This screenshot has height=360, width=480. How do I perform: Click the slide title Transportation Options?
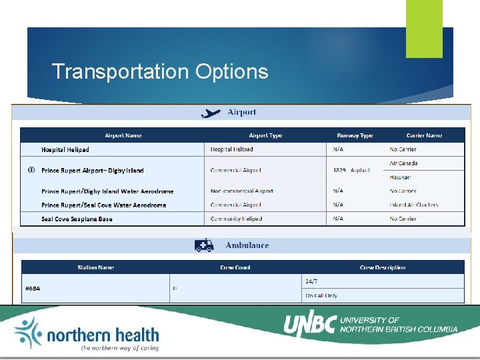160,71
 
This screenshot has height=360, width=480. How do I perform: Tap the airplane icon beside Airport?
211,113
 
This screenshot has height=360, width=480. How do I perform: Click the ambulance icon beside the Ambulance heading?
204,245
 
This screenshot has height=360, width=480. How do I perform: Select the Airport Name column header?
123,135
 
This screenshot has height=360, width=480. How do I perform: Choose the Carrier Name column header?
424,135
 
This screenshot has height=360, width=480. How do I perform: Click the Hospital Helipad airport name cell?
65,150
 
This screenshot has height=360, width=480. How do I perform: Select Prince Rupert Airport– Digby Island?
92,171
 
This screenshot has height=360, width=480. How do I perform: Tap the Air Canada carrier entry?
404,163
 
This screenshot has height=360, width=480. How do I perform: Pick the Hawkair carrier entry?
401,177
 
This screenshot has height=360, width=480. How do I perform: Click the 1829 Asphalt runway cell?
351,171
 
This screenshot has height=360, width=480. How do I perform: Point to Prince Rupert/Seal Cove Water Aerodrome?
103,205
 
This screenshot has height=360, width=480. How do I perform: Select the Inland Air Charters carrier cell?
414,205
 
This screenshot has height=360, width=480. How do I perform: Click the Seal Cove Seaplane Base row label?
77,219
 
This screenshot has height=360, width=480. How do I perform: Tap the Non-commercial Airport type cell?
241,191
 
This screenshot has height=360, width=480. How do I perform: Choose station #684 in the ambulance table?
32,289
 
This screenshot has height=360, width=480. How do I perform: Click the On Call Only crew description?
321,295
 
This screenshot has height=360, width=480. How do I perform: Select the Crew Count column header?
235,267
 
